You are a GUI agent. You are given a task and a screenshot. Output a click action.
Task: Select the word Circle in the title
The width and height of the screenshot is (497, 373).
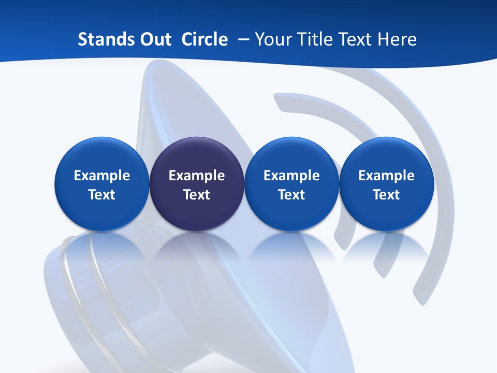[x=204, y=39]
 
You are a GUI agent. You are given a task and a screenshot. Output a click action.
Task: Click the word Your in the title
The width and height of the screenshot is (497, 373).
[x=272, y=39]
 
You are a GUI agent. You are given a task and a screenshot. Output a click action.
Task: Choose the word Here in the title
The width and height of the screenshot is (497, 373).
[x=396, y=39]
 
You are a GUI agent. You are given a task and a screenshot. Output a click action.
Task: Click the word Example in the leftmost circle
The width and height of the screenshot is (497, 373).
[x=102, y=176]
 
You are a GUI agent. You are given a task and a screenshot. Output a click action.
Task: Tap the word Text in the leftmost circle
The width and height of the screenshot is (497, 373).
[x=102, y=195]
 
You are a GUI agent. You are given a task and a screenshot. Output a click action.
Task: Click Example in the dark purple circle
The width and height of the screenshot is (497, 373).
[x=197, y=176]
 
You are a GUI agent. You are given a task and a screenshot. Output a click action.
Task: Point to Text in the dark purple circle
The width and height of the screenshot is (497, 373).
[x=197, y=195]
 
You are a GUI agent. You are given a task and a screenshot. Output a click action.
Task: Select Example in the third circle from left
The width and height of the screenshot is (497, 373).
[x=291, y=176]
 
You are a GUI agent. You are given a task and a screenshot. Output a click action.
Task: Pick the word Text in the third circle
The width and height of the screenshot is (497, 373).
[x=291, y=195]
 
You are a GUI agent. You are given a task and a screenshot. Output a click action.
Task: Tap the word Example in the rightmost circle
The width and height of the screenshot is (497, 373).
[x=386, y=176]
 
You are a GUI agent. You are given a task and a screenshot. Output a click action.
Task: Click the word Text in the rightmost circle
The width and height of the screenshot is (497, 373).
[x=386, y=195]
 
